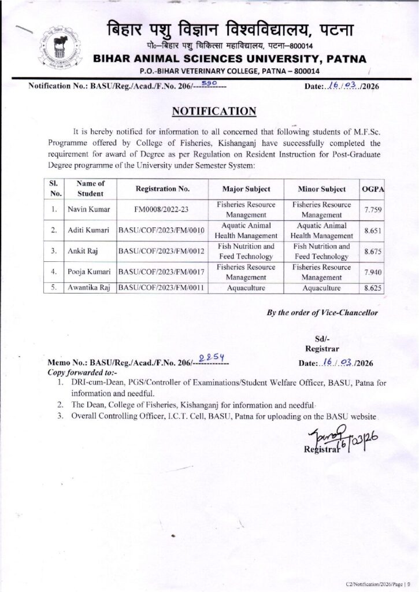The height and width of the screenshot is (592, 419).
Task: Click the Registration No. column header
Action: coord(162,189)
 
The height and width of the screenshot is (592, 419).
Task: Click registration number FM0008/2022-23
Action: coord(162,210)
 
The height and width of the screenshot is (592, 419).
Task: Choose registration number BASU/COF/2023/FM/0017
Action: coord(162,272)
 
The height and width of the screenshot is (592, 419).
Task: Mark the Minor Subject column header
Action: coord(321,189)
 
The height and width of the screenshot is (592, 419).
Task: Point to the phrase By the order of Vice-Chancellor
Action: coord(322,313)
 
